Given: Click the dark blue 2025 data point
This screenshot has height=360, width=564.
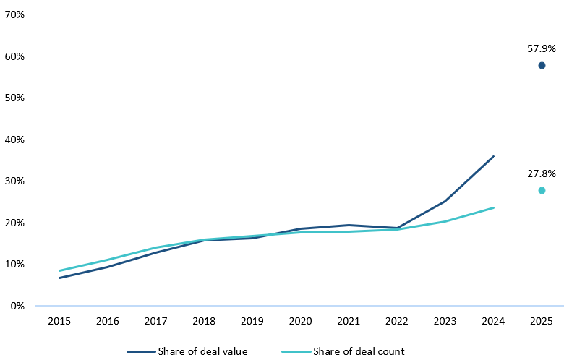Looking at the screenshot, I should pyautogui.click(x=542, y=66).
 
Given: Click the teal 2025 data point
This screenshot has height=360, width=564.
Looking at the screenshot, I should pyautogui.click(x=542, y=190).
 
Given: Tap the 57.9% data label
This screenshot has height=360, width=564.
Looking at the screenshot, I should pyautogui.click(x=542, y=49).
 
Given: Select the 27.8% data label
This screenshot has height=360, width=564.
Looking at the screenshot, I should pyautogui.click(x=542, y=173).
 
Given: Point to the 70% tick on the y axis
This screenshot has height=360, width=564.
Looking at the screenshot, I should pyautogui.click(x=16, y=14).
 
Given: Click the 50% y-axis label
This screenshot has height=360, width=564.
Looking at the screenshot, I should pyautogui.click(x=16, y=98).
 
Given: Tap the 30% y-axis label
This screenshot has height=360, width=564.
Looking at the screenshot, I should pyautogui.click(x=16, y=181).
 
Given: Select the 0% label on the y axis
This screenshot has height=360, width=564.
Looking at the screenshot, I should pyautogui.click(x=19, y=306).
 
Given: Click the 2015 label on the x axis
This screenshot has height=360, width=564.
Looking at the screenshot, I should pyautogui.click(x=59, y=320).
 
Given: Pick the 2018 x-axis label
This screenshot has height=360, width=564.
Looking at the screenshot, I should pyautogui.click(x=204, y=320).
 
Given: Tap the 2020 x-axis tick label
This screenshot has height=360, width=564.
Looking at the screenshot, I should pyautogui.click(x=301, y=320).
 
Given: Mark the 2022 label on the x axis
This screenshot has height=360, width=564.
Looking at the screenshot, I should pyautogui.click(x=397, y=320).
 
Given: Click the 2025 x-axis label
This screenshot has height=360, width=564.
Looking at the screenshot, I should pyautogui.click(x=542, y=320).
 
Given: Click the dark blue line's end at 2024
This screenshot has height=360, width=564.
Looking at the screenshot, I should pyautogui.click(x=493, y=156).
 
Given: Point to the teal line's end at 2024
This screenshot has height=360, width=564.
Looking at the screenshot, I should pyautogui.click(x=493, y=207).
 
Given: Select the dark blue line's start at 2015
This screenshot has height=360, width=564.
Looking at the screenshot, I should pyautogui.click(x=59, y=278).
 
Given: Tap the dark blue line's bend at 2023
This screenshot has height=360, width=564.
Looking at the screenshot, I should pyautogui.click(x=445, y=201).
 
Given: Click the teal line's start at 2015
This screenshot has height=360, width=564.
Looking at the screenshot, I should pyautogui.click(x=59, y=270).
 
